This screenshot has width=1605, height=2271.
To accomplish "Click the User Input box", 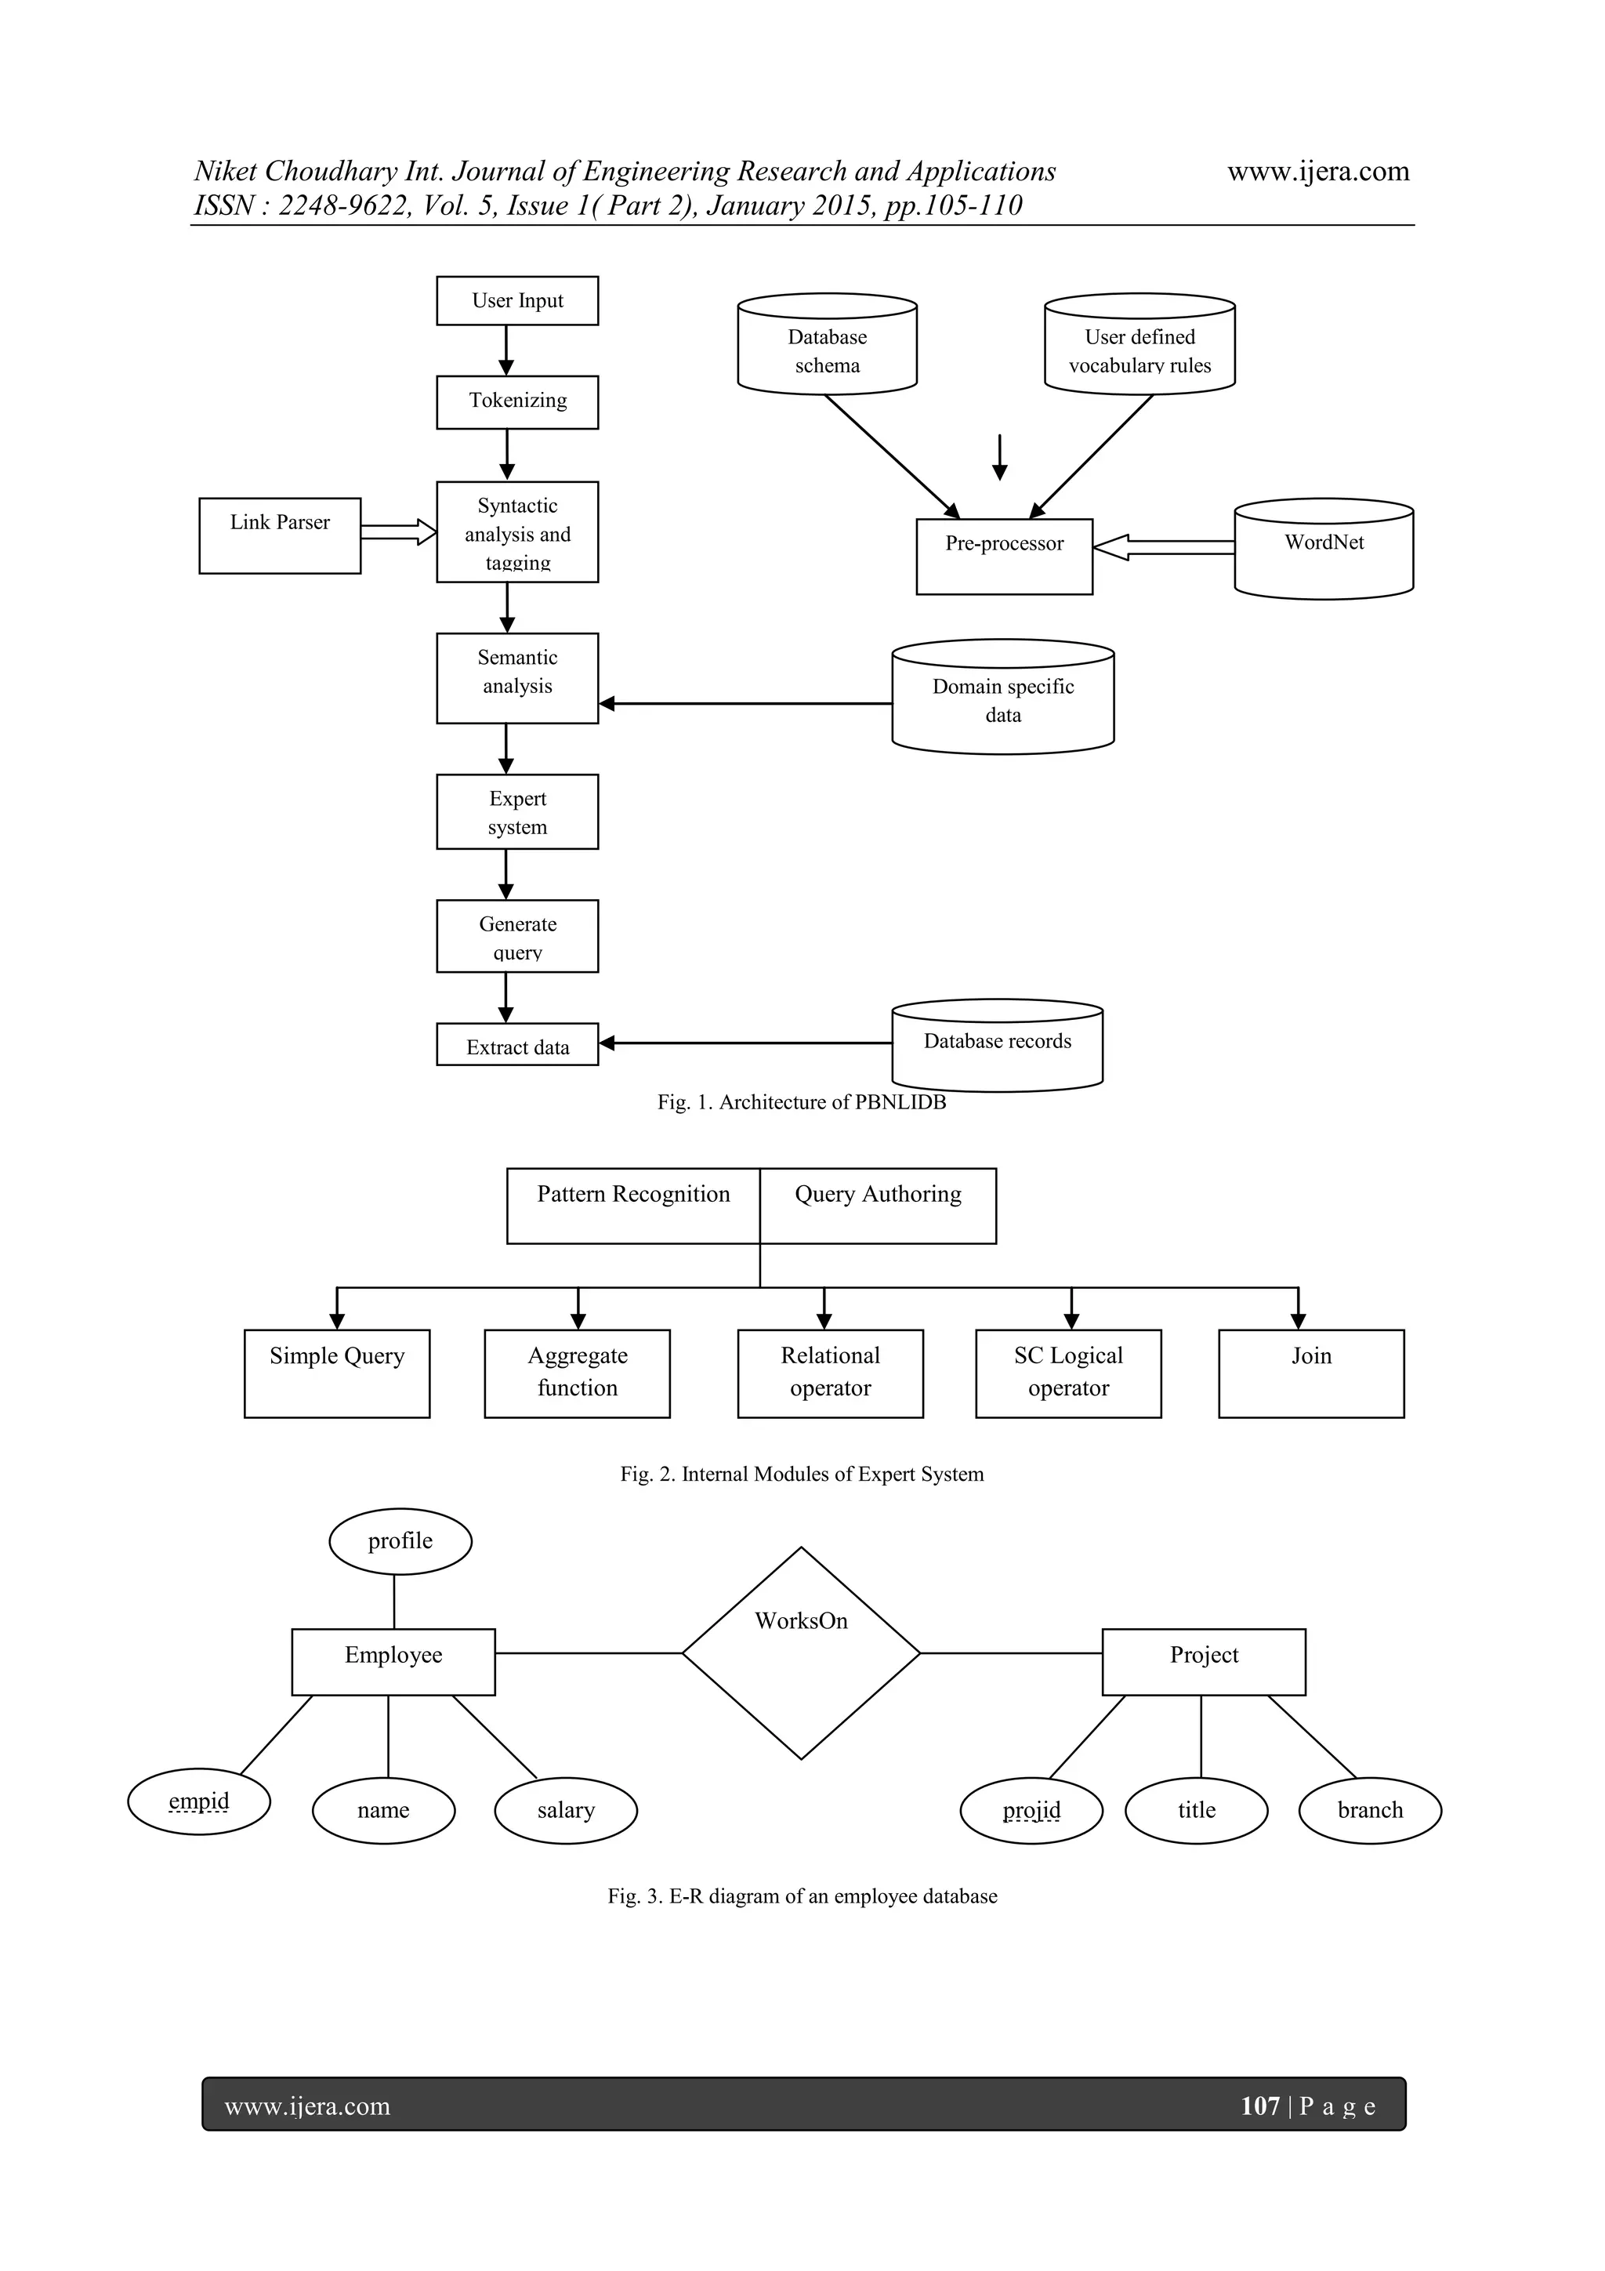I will tap(517, 301).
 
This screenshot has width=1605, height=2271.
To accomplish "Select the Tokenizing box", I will tap(517, 401).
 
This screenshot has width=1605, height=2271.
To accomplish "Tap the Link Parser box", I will tap(280, 535).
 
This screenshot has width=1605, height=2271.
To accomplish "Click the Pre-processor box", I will tap(1004, 556).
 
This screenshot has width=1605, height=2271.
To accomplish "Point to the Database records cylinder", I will tap(997, 1047).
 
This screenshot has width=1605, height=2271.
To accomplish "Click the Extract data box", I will tap(517, 1044).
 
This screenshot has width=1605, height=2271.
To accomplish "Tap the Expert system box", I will tap(517, 812).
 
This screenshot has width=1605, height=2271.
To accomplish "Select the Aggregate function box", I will tap(578, 1373).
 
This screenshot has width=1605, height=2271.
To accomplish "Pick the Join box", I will tap(1310, 1373).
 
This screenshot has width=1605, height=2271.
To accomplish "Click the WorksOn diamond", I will tap(801, 1652).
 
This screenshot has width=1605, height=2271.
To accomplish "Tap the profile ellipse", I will tap(400, 1541).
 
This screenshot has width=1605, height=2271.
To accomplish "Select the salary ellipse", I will tap(566, 1810).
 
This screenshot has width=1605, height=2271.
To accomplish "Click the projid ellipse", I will tap(1031, 1810).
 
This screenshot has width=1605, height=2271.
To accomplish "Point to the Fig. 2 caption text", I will tap(802, 1474).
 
